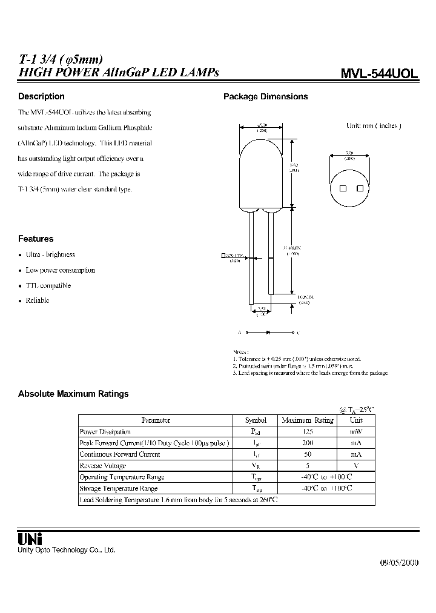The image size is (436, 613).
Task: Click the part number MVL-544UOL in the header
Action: [x=379, y=73]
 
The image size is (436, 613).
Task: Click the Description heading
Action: [x=41, y=96]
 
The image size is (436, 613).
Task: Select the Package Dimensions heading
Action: [x=266, y=96]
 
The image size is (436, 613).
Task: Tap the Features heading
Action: [x=36, y=239]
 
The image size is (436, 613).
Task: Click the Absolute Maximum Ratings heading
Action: [x=73, y=394]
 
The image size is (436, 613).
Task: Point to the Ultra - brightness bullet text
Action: [x=50, y=254]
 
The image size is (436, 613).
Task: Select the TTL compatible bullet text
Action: [x=48, y=285]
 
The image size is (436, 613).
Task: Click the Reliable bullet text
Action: [x=38, y=300]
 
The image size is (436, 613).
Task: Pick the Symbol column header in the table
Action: [x=256, y=420]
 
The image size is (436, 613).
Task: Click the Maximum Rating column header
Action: [x=308, y=420]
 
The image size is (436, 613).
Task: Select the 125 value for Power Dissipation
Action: [x=308, y=431]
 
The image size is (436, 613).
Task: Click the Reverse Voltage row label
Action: [x=103, y=466]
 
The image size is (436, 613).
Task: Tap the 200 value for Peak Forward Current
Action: [x=308, y=443]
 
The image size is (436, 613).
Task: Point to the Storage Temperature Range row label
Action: [x=119, y=488]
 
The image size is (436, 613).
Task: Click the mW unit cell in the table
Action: [x=357, y=431]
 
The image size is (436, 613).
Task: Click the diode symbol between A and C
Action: [x=266, y=333]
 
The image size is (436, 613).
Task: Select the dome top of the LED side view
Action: [x=262, y=145]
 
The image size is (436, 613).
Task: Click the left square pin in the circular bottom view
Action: [x=343, y=188]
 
